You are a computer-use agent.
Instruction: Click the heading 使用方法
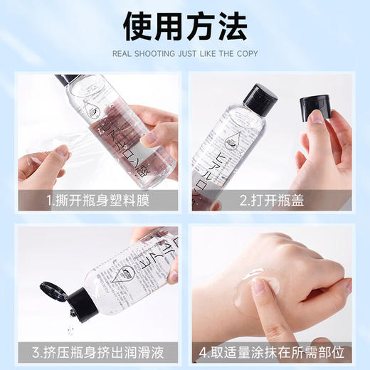tap(185, 26)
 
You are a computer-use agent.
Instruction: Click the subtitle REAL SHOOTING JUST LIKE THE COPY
tap(185, 54)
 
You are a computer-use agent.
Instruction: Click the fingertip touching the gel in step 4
tap(261, 288)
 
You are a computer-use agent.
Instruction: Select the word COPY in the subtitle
tap(245, 54)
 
